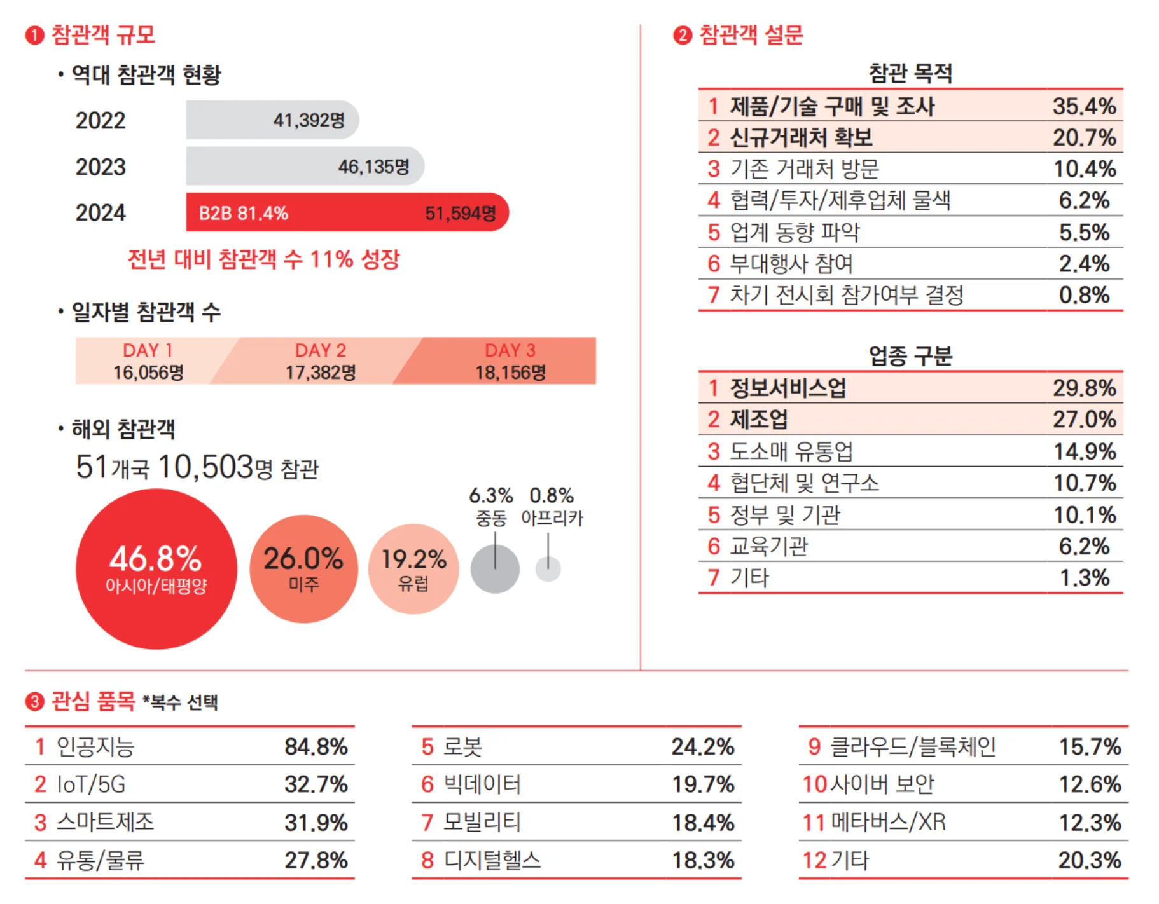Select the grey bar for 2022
pyautogui.click(x=272, y=120)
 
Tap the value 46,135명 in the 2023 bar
pyautogui.click(x=373, y=167)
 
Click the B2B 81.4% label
pyautogui.click(x=243, y=213)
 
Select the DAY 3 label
pyautogui.click(x=510, y=350)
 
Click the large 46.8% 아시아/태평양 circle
pyautogui.click(x=156, y=568)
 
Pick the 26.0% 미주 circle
pyautogui.click(x=303, y=568)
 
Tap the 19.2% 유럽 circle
pyautogui.click(x=413, y=568)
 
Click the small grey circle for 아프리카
pyautogui.click(x=548, y=569)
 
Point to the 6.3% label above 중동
pyautogui.click(x=490, y=495)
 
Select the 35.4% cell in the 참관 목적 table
pyautogui.click(x=1084, y=106)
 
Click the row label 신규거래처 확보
pyautogui.click(x=800, y=137)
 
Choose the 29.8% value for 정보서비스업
pyautogui.click(x=1084, y=388)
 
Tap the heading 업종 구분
pyautogui.click(x=910, y=355)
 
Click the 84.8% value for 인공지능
pyautogui.click(x=316, y=746)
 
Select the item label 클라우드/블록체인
pyautogui.click(x=913, y=746)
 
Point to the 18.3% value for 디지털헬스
pyautogui.click(x=703, y=860)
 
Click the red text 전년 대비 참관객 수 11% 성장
pyautogui.click(x=263, y=259)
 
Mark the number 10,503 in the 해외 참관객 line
pyautogui.click(x=205, y=467)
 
